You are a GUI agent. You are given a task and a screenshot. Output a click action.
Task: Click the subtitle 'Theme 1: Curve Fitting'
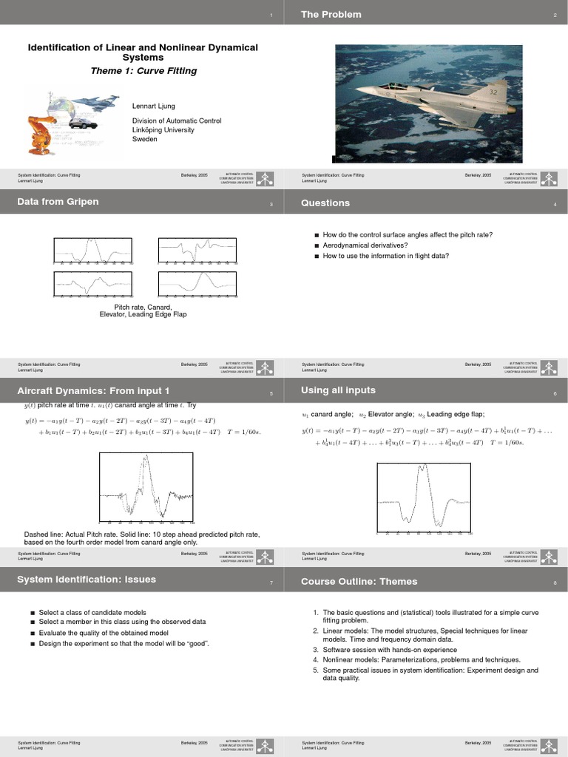(143, 72)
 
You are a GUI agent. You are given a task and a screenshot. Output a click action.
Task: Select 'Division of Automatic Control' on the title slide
(177, 120)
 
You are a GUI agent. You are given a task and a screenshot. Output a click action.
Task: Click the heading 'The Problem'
(331, 14)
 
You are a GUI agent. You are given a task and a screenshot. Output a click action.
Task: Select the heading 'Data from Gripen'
(58, 202)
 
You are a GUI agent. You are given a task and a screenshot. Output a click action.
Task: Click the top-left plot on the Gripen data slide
(90, 251)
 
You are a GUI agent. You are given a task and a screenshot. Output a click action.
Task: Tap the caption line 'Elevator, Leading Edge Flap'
(143, 314)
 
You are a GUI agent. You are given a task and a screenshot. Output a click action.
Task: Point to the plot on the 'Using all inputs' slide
(423, 497)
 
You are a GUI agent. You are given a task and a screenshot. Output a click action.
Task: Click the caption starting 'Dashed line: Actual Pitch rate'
(142, 534)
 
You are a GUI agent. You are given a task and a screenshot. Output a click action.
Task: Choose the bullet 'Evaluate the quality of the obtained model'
(104, 633)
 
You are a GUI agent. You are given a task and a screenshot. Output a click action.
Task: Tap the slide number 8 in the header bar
(555, 583)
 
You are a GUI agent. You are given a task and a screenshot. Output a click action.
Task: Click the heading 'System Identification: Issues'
(87, 580)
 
